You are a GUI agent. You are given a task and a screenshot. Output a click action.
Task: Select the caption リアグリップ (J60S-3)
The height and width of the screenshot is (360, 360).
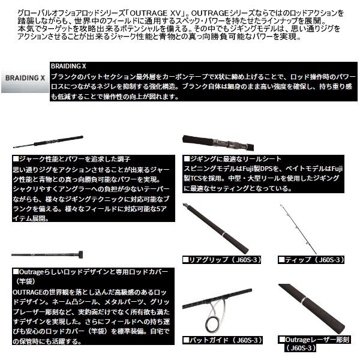tap(223, 259)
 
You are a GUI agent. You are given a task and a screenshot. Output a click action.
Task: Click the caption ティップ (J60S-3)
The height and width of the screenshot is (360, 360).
tap(311, 259)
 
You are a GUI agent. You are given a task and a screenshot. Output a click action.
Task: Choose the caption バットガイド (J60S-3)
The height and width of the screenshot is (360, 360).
tap(223, 340)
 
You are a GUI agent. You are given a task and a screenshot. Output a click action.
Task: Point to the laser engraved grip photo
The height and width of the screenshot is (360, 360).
tap(315, 306)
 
